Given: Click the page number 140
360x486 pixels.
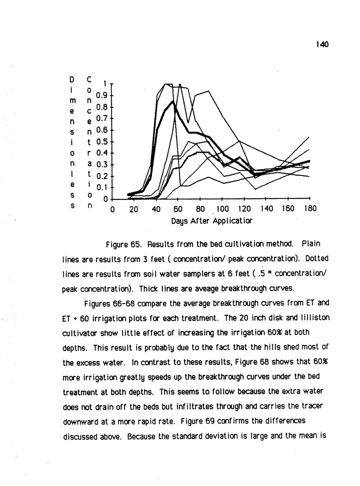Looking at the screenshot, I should [x=322, y=44].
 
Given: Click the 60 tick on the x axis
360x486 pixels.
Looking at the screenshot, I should [x=177, y=209].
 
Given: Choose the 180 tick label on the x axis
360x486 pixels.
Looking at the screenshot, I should [x=310, y=209].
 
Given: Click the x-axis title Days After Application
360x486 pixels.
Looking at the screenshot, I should [x=212, y=222].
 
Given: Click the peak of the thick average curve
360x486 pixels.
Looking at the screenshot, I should [x=173, y=101].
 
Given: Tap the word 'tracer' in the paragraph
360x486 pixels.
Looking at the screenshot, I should [x=313, y=406].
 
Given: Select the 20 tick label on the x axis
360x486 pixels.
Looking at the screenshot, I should [x=133, y=209].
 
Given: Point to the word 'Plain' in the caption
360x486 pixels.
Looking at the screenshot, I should [x=311, y=244].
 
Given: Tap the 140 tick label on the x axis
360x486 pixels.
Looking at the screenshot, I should [x=266, y=209].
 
